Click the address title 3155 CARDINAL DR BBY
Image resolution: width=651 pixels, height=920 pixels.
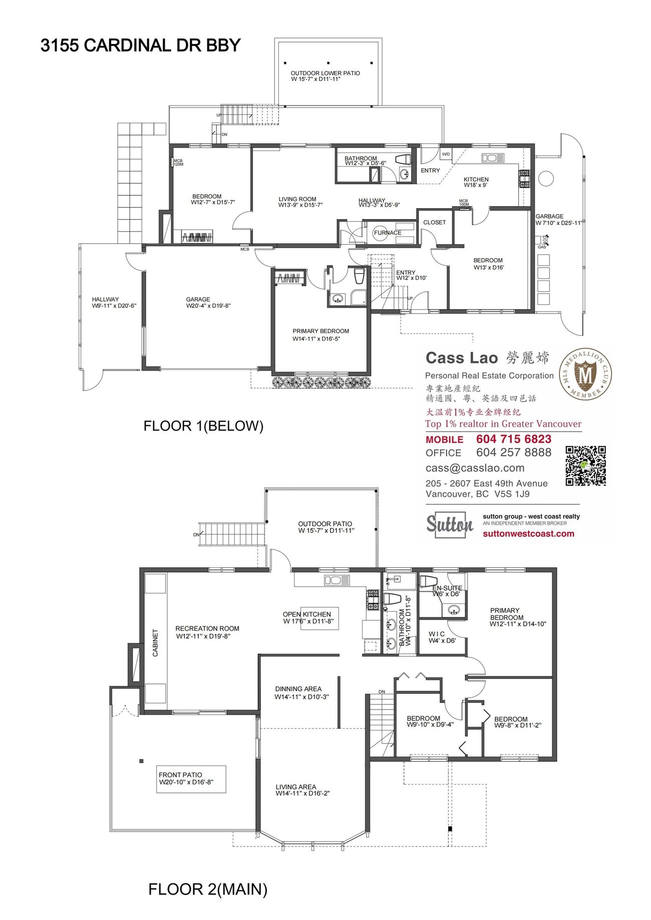tap(141, 46)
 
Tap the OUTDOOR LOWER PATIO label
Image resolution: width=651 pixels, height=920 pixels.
tap(325, 74)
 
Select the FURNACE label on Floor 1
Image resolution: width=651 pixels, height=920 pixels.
tap(388, 233)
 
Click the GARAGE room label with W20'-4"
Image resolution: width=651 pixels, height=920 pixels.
tap(198, 300)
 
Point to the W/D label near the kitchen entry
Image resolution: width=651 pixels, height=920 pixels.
tap(445, 154)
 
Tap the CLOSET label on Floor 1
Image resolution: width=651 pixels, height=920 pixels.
tap(434, 223)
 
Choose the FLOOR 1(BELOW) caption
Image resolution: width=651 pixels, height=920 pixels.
tap(203, 426)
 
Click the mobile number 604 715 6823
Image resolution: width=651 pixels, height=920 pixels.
tap(513, 439)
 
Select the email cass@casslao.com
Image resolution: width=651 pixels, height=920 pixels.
tap(475, 468)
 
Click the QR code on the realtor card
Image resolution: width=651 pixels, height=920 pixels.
tap(585, 466)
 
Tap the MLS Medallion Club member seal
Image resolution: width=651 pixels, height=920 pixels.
tap(585, 375)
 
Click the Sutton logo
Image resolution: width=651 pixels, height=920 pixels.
tap(449, 524)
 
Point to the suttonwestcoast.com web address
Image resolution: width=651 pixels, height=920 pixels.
tap(528, 534)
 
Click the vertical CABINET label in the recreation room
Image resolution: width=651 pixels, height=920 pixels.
tap(155, 642)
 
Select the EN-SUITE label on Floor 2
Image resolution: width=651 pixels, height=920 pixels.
tap(447, 588)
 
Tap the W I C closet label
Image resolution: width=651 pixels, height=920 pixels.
tap(436, 634)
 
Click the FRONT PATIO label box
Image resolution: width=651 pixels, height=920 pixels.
tap(191, 778)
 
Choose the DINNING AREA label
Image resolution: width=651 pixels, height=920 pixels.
tap(298, 689)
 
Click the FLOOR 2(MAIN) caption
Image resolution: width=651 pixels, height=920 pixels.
tap(208, 889)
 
